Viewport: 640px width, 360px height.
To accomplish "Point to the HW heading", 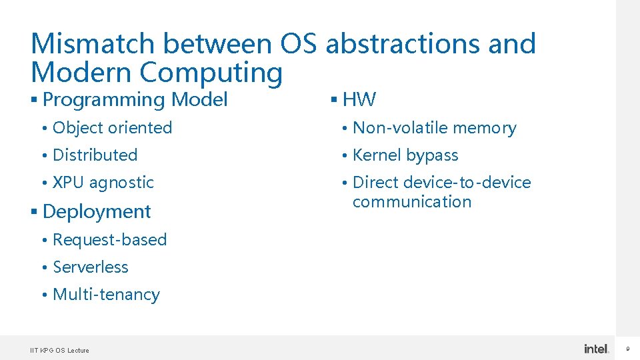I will coord(359,100).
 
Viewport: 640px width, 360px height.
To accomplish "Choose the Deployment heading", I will coord(97,211).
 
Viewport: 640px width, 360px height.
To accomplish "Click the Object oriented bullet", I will coord(112,127).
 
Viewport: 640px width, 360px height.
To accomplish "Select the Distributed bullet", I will coord(95,155).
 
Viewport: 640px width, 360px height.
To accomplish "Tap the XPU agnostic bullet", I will coord(103,182).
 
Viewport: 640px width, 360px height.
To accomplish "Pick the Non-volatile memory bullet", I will coord(434,127).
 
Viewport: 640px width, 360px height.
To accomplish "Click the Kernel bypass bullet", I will coord(405,155).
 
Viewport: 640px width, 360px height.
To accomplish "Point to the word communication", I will coord(412,202).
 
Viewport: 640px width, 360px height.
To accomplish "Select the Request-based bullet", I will coord(109,239).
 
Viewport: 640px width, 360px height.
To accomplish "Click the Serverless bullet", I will coord(90,267).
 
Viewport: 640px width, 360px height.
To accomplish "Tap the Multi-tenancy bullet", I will coord(106,294).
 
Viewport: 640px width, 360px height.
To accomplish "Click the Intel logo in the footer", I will coord(596,349).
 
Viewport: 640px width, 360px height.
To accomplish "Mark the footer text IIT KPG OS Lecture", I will coord(59,350).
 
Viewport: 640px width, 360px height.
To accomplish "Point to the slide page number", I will coord(627,349).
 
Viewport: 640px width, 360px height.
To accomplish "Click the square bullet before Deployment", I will coord(34,212).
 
